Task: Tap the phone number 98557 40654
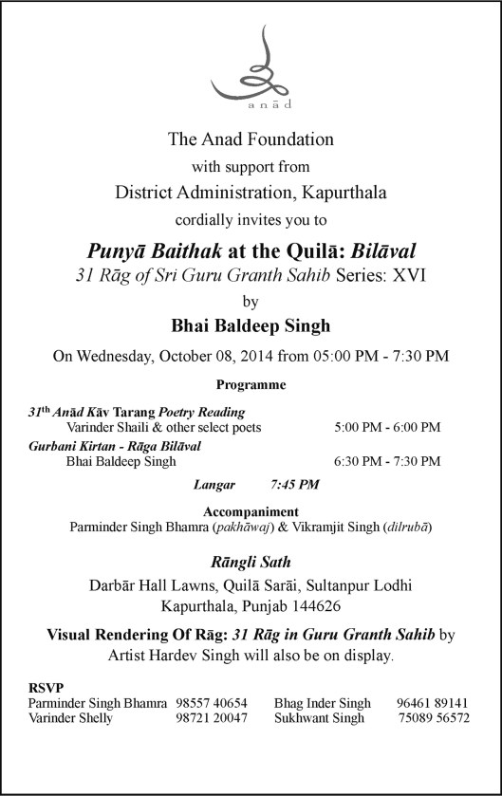click(212, 703)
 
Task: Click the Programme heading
click(251, 386)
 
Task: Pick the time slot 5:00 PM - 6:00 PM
click(387, 428)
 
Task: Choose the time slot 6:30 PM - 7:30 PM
click(387, 461)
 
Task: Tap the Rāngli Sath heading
click(251, 563)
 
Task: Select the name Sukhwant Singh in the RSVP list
click(319, 718)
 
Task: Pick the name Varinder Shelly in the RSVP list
click(71, 718)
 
